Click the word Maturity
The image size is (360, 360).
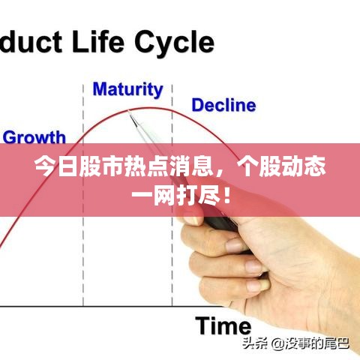[127, 90]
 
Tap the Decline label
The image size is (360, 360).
[223, 105]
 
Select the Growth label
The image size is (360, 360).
[34, 137]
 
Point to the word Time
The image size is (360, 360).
[223, 325]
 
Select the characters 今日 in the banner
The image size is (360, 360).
[50, 167]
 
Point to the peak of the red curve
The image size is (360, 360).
[150, 107]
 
